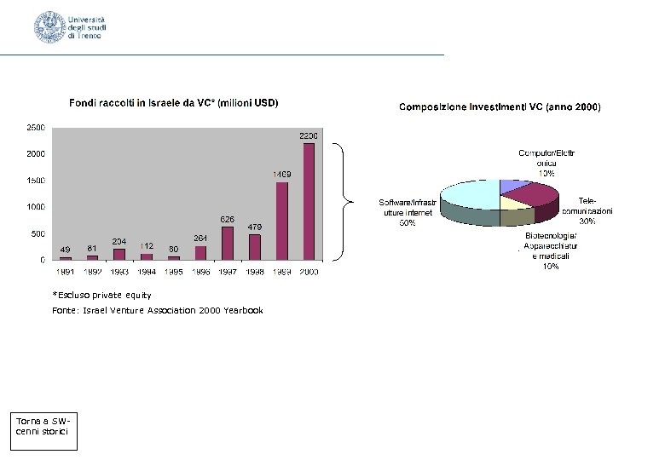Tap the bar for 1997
pos(228,243)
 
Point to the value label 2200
pos(308,135)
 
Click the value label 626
pos(228,219)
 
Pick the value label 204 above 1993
pos(119,241)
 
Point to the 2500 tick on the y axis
pos(36,127)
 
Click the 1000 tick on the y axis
pos(36,207)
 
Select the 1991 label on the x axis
pos(66,272)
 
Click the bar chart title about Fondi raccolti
pos(173,103)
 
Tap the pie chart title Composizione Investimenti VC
pos(500,107)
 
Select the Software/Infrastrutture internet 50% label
pos(408,212)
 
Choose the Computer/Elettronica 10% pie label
pos(546,162)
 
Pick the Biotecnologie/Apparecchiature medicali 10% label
pos(551,250)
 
